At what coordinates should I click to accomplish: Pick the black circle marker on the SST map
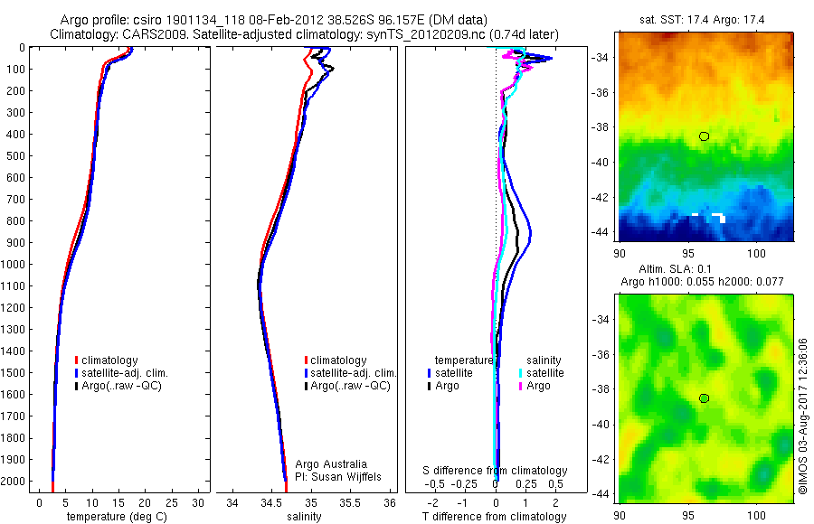coord(704,136)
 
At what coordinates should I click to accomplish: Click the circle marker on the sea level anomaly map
coord(704,398)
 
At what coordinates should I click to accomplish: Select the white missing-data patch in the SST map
coord(715,216)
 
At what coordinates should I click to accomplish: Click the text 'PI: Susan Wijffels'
coord(340,476)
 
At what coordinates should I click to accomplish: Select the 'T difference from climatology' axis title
coord(495,517)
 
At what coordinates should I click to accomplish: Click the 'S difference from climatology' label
coord(496,471)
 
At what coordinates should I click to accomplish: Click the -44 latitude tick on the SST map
coord(601,231)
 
